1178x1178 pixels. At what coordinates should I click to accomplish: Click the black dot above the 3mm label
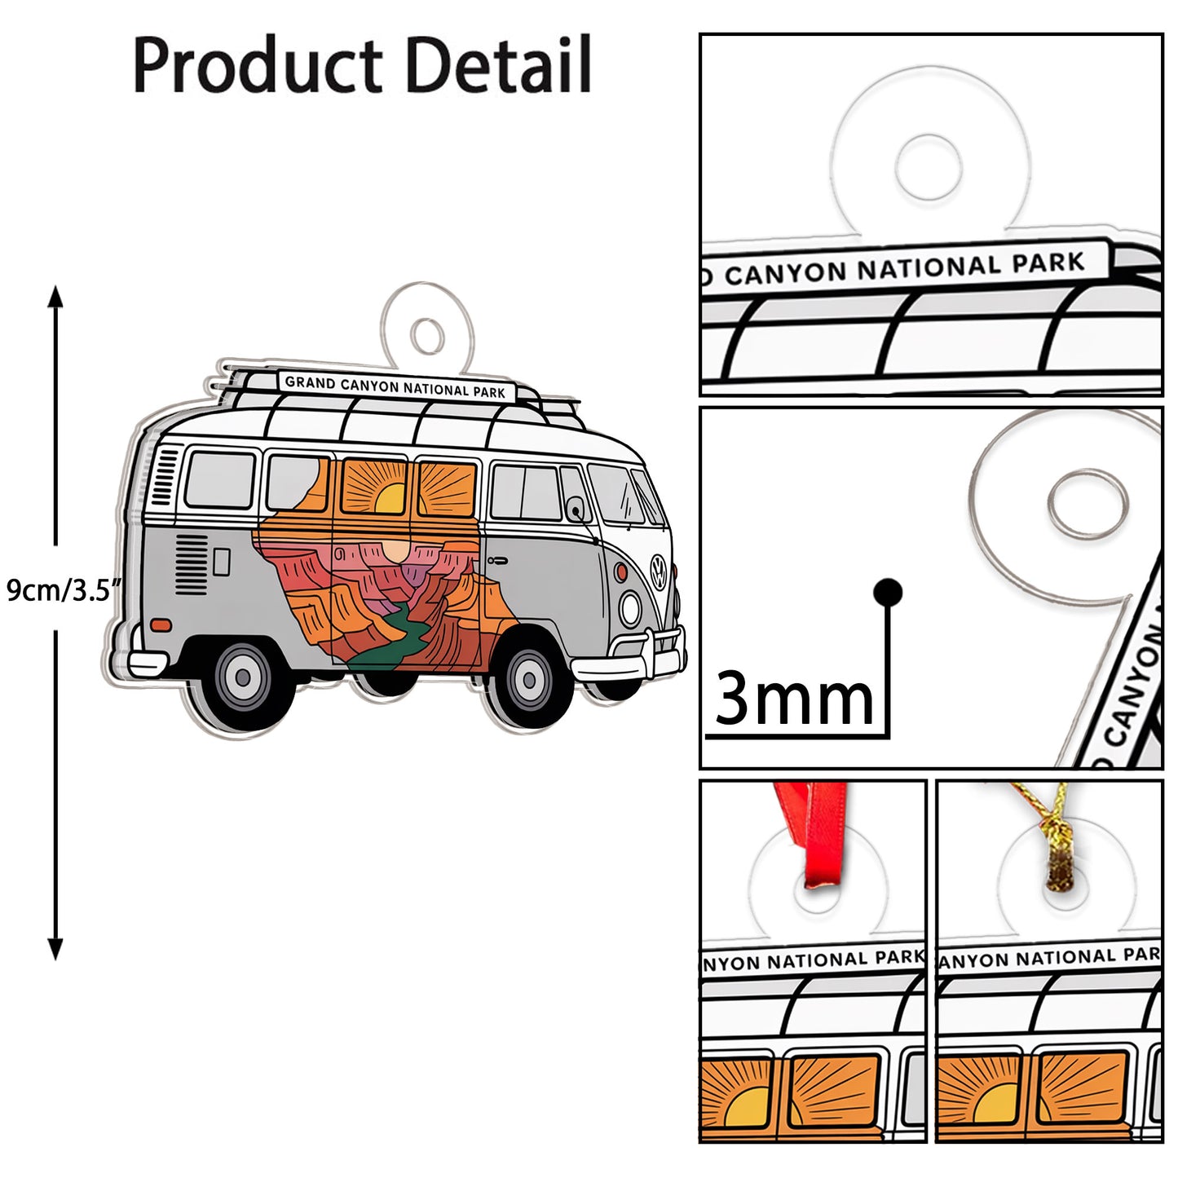(887, 592)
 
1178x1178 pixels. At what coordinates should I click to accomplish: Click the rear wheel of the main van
(243, 677)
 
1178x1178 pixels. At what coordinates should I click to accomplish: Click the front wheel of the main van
(529, 680)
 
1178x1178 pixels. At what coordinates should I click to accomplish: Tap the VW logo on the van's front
(658, 567)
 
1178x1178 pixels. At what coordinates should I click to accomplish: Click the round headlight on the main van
(630, 608)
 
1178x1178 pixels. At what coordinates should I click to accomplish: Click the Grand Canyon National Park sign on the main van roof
(395, 386)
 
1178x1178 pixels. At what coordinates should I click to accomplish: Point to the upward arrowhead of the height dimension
(55, 295)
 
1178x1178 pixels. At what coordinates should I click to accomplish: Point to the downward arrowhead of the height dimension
(55, 949)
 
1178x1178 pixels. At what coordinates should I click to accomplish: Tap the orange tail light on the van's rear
(161, 625)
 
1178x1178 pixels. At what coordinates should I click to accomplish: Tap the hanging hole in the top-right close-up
(928, 167)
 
